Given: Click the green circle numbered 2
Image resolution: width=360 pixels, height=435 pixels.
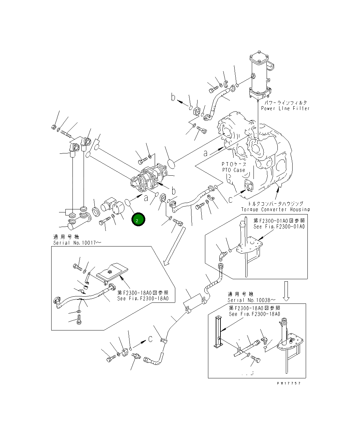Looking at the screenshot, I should (138, 220).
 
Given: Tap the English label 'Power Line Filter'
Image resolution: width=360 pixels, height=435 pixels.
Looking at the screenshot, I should (285, 108).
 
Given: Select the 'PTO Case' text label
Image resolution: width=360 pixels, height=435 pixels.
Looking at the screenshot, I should (233, 170).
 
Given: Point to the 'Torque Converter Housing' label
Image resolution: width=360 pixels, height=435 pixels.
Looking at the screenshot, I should (275, 209).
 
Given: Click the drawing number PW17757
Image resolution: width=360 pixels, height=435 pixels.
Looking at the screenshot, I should (289, 383).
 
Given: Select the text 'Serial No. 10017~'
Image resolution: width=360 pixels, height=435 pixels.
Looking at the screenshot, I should (77, 243).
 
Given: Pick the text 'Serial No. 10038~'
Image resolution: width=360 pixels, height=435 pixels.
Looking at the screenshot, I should (251, 300).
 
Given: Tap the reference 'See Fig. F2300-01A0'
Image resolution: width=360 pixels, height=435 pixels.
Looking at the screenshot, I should (279, 227).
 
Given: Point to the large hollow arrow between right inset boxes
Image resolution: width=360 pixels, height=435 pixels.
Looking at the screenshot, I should (286, 291).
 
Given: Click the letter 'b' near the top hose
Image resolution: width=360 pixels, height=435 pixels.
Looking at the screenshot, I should (173, 98).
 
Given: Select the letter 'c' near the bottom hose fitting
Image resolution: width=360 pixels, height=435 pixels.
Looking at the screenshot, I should (151, 339).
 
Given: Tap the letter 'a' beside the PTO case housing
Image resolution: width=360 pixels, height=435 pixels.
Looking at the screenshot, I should (205, 153).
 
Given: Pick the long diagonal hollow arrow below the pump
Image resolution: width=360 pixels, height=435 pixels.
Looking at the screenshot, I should (173, 246).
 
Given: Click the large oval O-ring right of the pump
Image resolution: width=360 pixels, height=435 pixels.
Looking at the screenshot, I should (171, 164).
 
